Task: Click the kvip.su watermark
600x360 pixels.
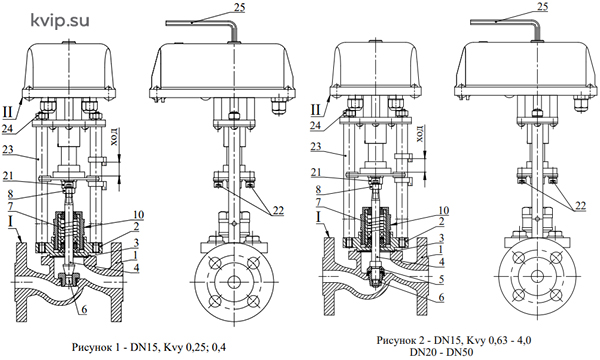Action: coord(60,21)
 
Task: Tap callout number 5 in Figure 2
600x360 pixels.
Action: coord(441,279)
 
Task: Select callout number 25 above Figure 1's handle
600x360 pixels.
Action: coord(239,7)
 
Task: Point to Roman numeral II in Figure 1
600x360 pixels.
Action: coord(7,112)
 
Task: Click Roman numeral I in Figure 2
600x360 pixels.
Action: coord(318,217)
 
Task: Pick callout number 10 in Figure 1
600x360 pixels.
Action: coord(138,215)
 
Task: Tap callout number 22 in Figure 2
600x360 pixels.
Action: coord(580,205)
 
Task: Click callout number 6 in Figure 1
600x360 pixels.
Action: coord(83,309)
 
